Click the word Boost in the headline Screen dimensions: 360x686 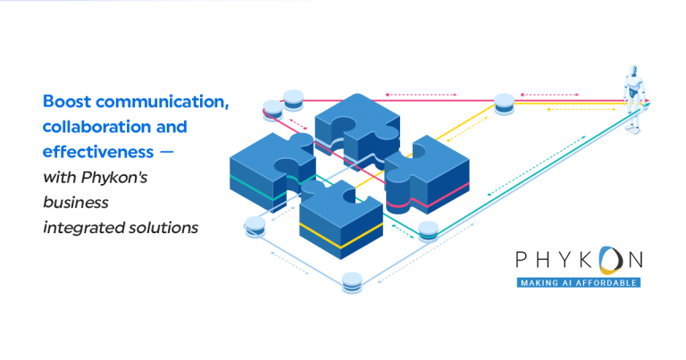click(65, 102)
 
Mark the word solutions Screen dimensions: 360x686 click(162, 228)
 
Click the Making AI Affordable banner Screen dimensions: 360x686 click(577, 282)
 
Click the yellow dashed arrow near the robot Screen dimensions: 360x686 click(568, 109)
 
